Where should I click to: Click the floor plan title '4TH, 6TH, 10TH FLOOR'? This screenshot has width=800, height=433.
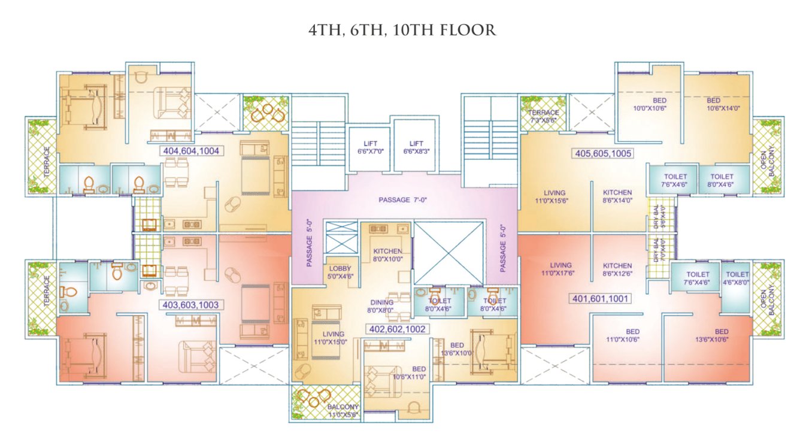[x=402, y=31]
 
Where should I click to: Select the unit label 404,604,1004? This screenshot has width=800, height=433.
[x=192, y=152]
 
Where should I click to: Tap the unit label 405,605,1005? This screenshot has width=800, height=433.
[x=604, y=153]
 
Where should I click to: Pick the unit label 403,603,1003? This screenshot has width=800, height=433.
[x=192, y=305]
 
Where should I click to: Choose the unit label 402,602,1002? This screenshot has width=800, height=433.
[x=398, y=329]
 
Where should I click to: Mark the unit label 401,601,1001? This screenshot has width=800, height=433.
[x=599, y=298]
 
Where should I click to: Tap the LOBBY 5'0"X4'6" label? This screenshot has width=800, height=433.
[x=340, y=272]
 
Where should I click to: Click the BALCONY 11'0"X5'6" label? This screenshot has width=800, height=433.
[x=343, y=410]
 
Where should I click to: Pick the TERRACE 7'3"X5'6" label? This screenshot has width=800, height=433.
[x=543, y=116]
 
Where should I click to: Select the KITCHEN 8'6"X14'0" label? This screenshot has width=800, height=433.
[x=617, y=196]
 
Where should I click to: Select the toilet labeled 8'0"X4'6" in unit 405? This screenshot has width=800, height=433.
[x=721, y=181]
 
